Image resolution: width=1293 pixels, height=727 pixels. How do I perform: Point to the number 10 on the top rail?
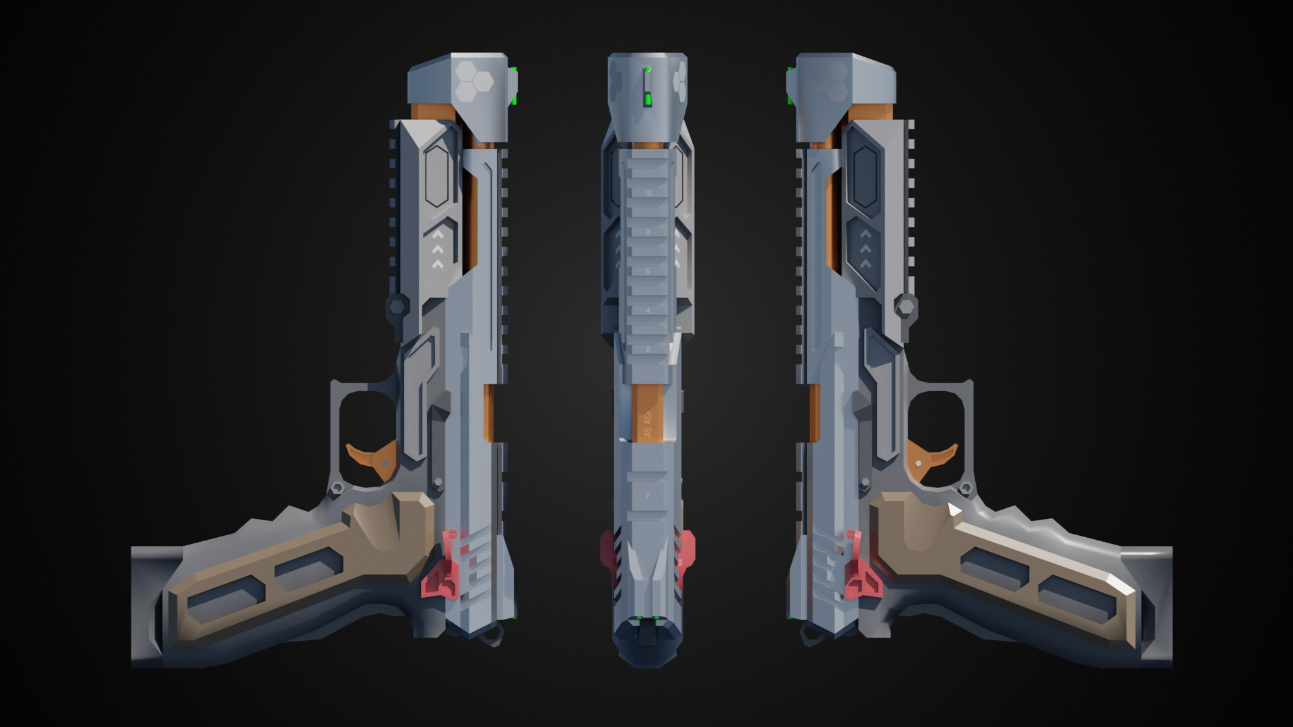pos(648,193)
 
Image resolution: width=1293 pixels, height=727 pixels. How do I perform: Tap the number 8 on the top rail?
pos(648,232)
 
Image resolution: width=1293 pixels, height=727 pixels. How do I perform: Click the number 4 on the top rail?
pos(648,310)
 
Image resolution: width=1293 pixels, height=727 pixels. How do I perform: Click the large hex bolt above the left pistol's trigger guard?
pos(397,307)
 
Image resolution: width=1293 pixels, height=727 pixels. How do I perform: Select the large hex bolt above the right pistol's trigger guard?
pos(906,307)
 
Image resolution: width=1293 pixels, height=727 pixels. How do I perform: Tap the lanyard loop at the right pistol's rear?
pos(808,635)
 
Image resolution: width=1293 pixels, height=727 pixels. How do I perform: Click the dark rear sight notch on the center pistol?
pos(647,633)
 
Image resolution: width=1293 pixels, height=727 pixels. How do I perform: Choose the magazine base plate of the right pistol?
pos(1156,606)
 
